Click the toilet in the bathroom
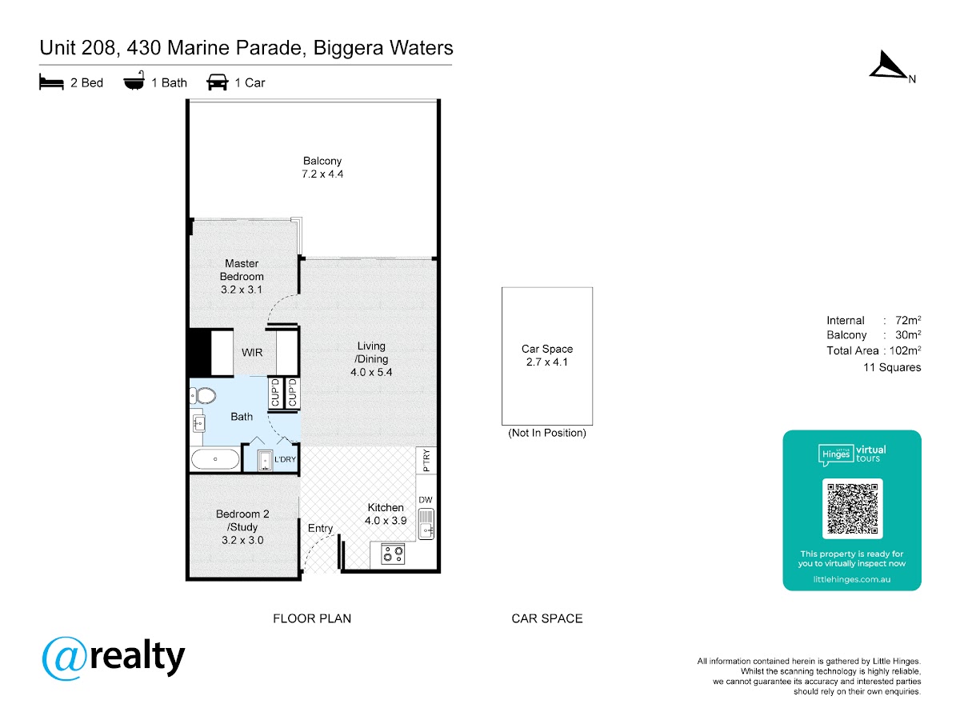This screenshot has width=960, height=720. click(x=203, y=396)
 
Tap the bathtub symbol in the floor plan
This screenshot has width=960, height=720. click(x=215, y=459)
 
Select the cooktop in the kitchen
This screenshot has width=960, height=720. click(x=392, y=554)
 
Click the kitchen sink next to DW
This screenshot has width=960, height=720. click(x=426, y=524)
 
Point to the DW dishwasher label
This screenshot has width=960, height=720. click(x=425, y=500)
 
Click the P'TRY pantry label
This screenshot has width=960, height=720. click(x=426, y=460)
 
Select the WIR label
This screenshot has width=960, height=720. click(x=252, y=352)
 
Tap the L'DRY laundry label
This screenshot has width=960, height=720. click(x=285, y=459)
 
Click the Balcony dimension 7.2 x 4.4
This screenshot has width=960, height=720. click(x=322, y=174)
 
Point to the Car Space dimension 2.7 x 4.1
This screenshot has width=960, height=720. click(x=546, y=362)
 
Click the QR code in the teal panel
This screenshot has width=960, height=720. click(x=852, y=509)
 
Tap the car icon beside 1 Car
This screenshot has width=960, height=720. click(x=217, y=82)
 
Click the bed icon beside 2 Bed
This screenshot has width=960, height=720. click(x=52, y=82)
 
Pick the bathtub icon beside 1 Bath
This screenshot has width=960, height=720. click(x=134, y=81)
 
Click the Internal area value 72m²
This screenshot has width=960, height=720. click(x=908, y=320)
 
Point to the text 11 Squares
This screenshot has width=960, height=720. click(x=892, y=367)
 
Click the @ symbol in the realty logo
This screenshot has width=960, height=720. click(x=65, y=658)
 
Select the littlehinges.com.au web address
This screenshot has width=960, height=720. click(x=851, y=579)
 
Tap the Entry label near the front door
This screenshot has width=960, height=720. click(x=320, y=529)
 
